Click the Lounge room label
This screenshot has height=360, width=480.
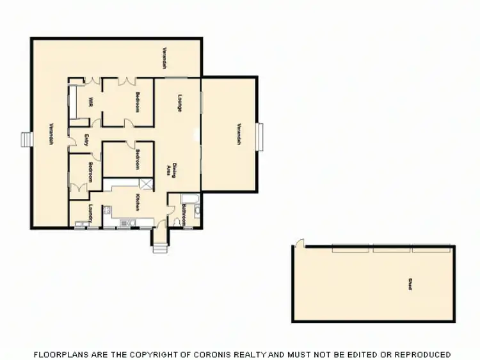pyautogui.click(x=180, y=103)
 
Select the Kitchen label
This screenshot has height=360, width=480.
pyautogui.click(x=138, y=203)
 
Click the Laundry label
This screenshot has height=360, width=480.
pyautogui.click(x=92, y=212)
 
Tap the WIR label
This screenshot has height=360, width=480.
pyautogui.click(x=92, y=102)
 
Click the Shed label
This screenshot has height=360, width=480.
pyautogui.click(x=408, y=284)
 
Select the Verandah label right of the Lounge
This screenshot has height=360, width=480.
pyautogui.click(x=238, y=134)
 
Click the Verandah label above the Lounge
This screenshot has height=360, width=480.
pyautogui.click(x=164, y=58)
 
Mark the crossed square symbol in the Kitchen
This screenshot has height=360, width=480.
pyautogui.click(x=148, y=185)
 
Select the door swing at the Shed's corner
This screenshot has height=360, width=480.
pyautogui.click(x=300, y=243)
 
